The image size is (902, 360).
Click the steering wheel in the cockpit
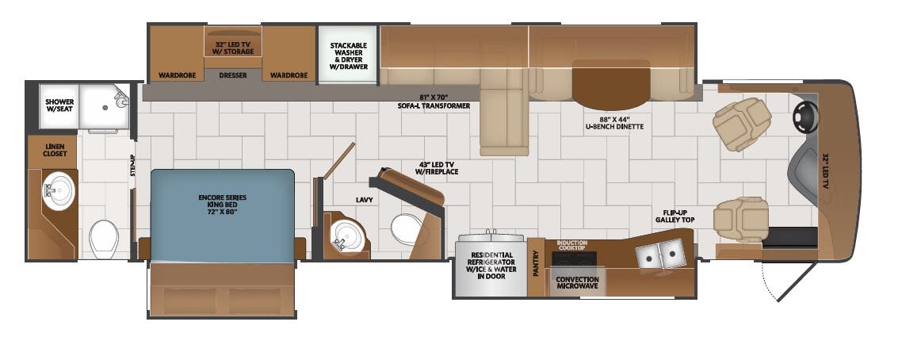point(805,118)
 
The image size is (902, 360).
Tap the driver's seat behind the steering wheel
point(741,123)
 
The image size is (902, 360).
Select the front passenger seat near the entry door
point(741,219)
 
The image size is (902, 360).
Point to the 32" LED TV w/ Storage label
point(233,47)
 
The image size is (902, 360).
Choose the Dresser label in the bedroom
point(233,75)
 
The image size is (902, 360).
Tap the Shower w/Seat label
point(59,105)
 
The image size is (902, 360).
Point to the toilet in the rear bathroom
point(104,237)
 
